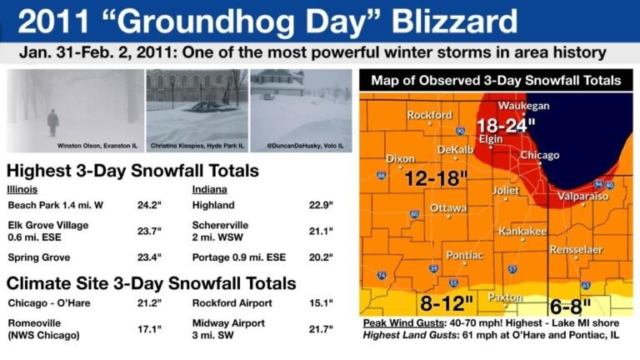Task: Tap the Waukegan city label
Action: [x=523, y=106]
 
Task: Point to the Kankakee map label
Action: [x=522, y=230]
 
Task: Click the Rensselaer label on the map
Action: [x=575, y=248]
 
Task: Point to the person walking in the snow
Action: [x=53, y=122]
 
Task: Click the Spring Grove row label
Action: [x=38, y=257]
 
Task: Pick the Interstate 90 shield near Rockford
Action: [x=459, y=131]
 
